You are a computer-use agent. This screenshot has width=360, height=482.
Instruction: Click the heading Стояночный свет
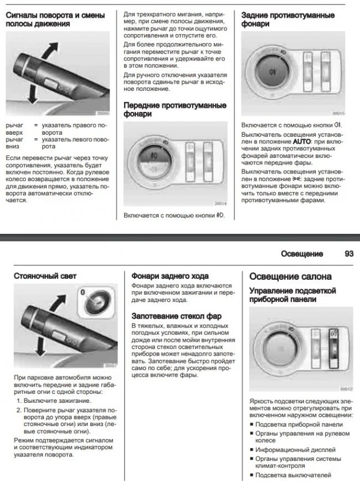(45, 275)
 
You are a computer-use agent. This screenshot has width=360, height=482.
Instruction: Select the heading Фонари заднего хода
(169, 275)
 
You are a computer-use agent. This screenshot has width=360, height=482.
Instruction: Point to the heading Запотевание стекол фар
(176, 316)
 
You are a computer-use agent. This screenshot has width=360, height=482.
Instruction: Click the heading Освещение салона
(290, 276)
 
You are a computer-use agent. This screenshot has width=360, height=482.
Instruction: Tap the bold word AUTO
(303, 142)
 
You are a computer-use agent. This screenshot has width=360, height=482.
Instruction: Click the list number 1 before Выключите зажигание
(18, 400)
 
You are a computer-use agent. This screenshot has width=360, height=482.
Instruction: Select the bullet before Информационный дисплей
(251, 450)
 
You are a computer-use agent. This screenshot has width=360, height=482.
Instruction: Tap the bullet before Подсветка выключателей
(251, 475)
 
